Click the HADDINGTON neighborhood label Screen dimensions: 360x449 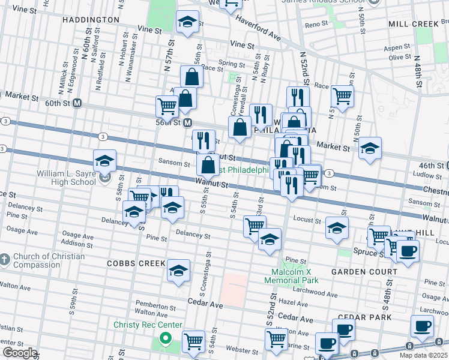(89, 20)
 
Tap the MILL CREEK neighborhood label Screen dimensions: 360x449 (414, 24)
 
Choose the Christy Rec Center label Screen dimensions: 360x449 (148, 325)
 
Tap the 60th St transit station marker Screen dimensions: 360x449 (77, 103)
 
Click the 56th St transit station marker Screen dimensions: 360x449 (188, 122)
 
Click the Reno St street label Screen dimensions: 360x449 (316, 24)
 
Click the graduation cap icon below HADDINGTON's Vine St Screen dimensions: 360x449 (188, 22)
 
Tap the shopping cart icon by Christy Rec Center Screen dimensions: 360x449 (193, 341)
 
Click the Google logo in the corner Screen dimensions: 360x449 (20, 353)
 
